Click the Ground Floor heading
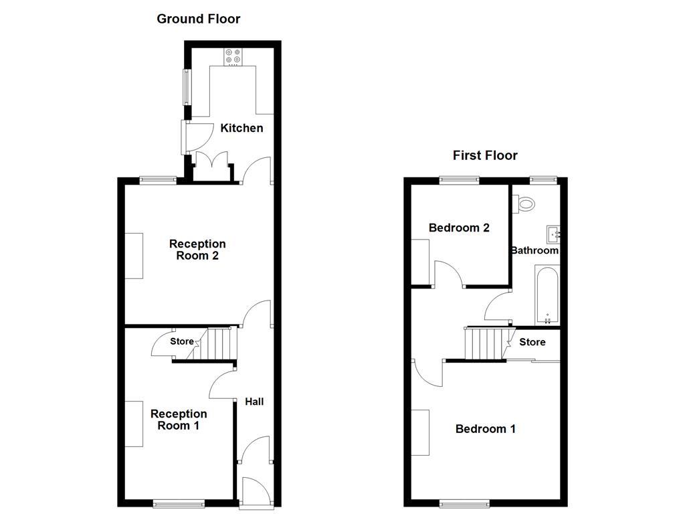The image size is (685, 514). pyautogui.click(x=198, y=19)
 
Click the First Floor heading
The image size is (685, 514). pyautogui.click(x=485, y=155)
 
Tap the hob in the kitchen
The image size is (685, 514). pyautogui.click(x=233, y=58)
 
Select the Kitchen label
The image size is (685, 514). pyautogui.click(x=241, y=128)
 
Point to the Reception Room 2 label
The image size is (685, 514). pyautogui.click(x=197, y=250)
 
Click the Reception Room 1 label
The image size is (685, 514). pyautogui.click(x=179, y=420)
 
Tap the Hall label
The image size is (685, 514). pyautogui.click(x=254, y=402)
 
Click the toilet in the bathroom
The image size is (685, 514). pyautogui.click(x=525, y=202)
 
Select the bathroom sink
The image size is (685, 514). pyautogui.click(x=553, y=234)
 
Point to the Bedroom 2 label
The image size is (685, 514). pyautogui.click(x=459, y=228)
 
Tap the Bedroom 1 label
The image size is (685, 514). pyautogui.click(x=485, y=428)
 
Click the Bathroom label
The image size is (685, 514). pyautogui.click(x=534, y=250)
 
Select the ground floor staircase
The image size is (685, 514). pyautogui.click(x=219, y=344)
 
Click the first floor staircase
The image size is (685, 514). pyautogui.click(x=486, y=343)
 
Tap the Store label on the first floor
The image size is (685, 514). pyautogui.click(x=532, y=342)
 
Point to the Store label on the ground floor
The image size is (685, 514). pyautogui.click(x=181, y=341)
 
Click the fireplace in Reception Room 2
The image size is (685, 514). pyautogui.click(x=134, y=255)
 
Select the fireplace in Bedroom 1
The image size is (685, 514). pyautogui.click(x=420, y=432)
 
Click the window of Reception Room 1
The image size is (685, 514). pyautogui.click(x=179, y=503)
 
